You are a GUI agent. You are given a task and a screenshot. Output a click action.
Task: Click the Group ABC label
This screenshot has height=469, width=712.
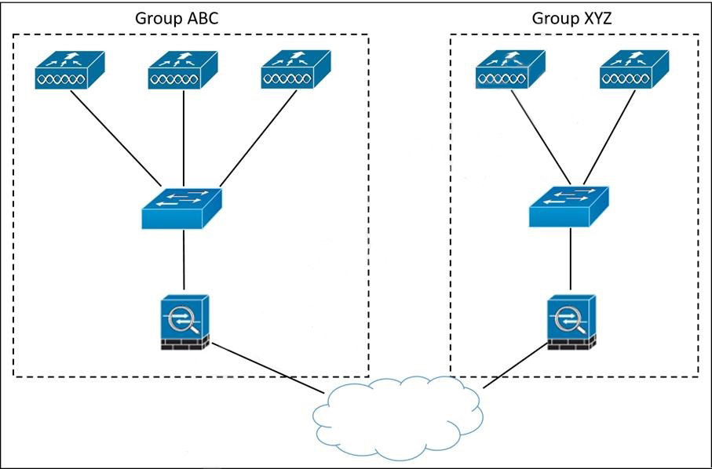tap(177, 18)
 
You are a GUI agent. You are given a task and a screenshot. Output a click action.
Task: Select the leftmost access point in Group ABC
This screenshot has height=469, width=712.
tap(69, 71)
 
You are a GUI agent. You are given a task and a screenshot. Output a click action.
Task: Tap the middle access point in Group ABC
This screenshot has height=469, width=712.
tap(182, 71)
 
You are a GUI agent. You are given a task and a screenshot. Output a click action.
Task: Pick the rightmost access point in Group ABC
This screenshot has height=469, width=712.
tap(294, 71)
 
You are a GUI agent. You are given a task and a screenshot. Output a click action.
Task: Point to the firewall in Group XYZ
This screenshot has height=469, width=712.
tap(571, 322)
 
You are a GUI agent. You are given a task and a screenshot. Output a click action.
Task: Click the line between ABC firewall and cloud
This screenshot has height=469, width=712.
tap(267, 368)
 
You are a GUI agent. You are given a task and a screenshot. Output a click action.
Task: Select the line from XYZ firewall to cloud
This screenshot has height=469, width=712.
tap(515, 365)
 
